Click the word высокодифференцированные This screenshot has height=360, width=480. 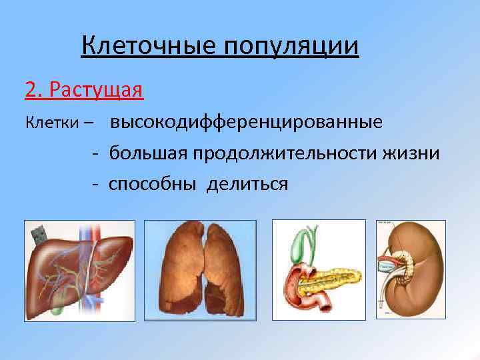(x=246, y=123)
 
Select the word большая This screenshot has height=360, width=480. (x=149, y=153)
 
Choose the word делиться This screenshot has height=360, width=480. (x=247, y=183)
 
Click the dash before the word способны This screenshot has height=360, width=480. (x=97, y=183)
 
